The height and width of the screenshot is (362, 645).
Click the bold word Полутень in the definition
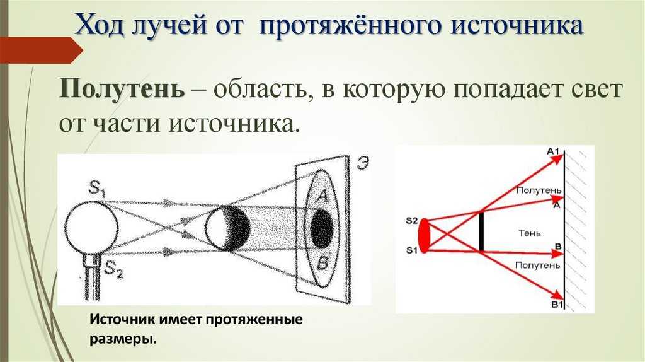click(122, 88)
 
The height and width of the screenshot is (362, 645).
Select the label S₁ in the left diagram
click(98, 187)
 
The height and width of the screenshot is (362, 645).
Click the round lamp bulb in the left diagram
click(90, 230)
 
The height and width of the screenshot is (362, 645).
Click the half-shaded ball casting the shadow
click(227, 228)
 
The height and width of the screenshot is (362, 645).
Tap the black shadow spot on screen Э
click(321, 228)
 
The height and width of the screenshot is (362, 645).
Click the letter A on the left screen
click(321, 197)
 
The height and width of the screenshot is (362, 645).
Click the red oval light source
click(425, 235)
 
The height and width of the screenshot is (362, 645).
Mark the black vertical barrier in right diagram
click(481, 231)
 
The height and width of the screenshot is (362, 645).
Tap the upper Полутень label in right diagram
click(538, 190)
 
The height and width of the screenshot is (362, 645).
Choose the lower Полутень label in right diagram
click(537, 266)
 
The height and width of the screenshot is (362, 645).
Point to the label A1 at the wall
click(554, 151)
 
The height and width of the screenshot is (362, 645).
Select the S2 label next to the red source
click(412, 220)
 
